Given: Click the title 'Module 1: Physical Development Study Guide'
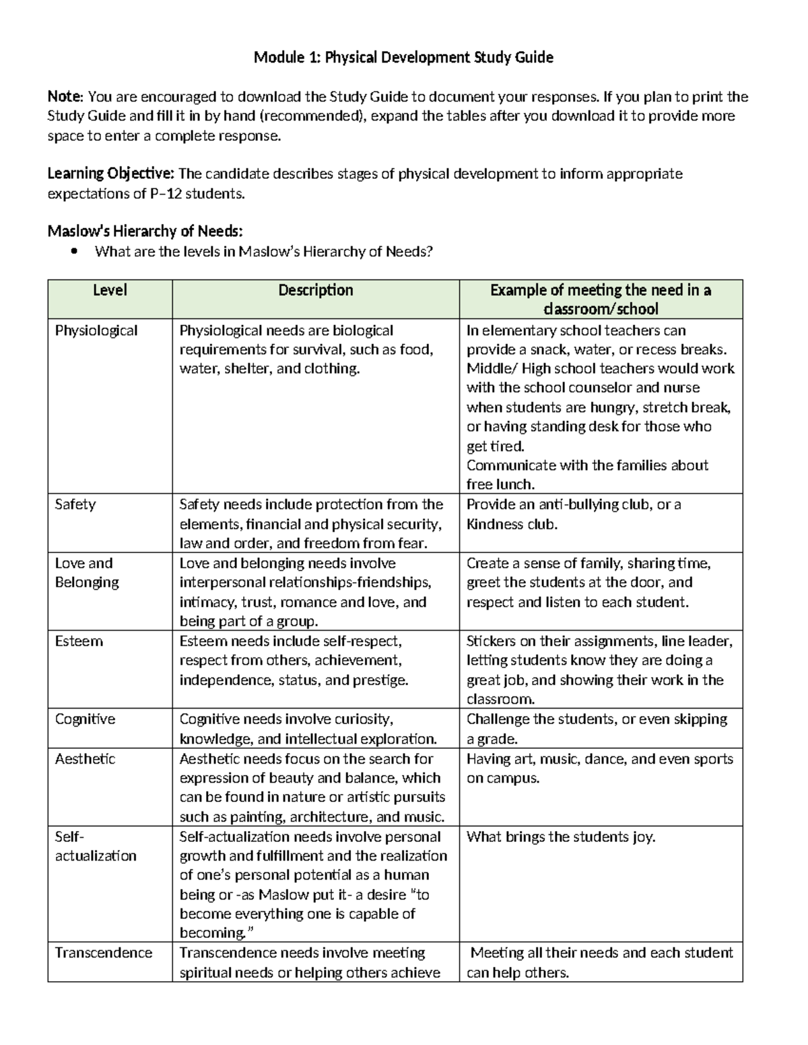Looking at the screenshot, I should tap(403, 58).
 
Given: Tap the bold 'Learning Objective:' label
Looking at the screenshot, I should tap(110, 174).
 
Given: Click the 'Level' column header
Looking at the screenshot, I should tap(110, 291).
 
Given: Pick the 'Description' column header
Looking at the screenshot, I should tap(316, 291).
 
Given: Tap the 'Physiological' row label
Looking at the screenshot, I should tap(96, 330).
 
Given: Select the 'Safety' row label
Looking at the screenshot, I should tap(75, 505).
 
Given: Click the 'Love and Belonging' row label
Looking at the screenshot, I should tap(87, 573).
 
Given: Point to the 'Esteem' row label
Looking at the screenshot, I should tap(79, 641).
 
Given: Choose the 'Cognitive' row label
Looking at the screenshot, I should tap(85, 719).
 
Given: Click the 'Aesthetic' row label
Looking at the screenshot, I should tap(85, 759).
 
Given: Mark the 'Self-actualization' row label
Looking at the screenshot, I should tap(95, 846).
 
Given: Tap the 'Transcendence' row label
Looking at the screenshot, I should tap(104, 953).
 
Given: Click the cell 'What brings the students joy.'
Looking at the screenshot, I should tap(561, 837).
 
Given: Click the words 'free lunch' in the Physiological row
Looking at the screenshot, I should tap(499, 484).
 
